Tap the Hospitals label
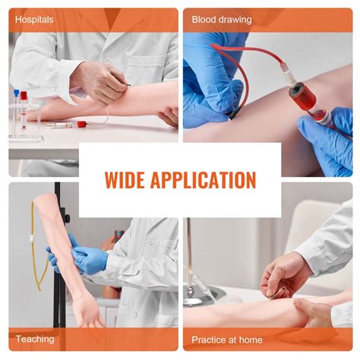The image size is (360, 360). [x=34, y=19]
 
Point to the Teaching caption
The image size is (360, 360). [x=33, y=340]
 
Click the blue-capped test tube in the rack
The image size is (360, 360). [x=16, y=106]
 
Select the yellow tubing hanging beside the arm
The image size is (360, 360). [x=36, y=251]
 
